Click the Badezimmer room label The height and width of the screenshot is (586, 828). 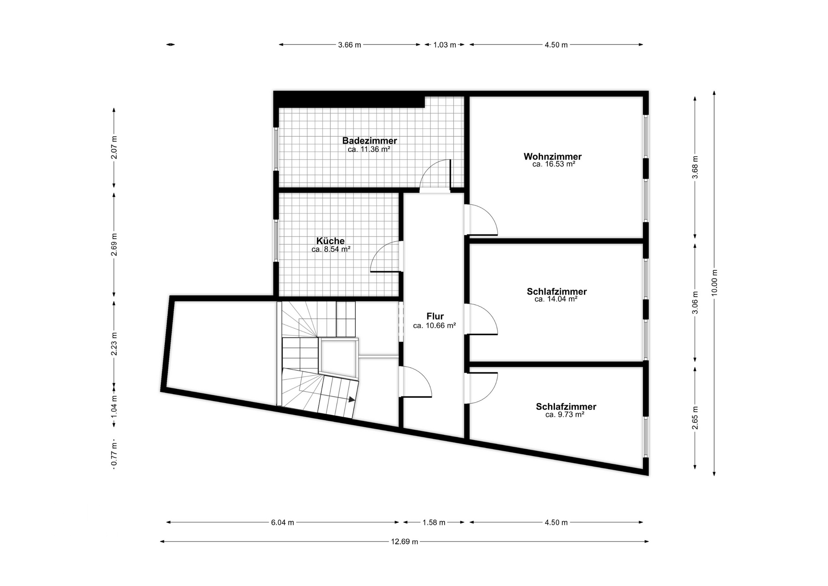(x=370, y=141)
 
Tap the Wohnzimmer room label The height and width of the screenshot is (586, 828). (x=552, y=156)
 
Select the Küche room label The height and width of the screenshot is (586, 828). (x=330, y=241)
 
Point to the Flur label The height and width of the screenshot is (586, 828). (x=435, y=316)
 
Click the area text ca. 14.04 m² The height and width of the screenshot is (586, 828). (x=556, y=299)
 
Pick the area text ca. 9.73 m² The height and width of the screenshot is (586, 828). (x=565, y=414)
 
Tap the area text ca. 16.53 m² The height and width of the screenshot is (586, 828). (x=554, y=164)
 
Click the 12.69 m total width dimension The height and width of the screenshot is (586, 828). (x=405, y=542)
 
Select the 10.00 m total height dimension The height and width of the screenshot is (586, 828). (x=714, y=283)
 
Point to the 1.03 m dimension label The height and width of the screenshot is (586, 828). (x=445, y=45)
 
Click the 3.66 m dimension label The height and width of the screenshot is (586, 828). (x=349, y=45)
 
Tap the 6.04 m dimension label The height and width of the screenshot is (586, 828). (x=282, y=523)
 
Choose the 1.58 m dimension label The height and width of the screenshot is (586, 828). (x=434, y=523)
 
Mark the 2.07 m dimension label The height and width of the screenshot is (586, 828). (x=114, y=148)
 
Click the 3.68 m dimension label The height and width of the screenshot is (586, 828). (x=695, y=167)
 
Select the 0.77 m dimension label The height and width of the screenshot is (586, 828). (x=114, y=455)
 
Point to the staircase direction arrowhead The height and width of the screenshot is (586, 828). (x=352, y=400)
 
